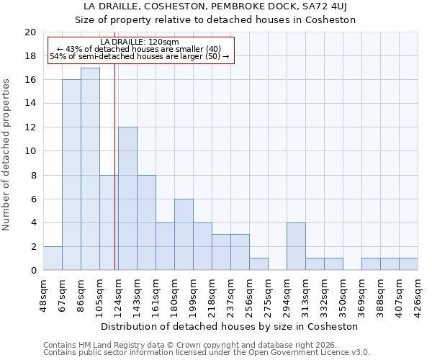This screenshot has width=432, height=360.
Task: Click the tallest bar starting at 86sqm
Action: click(90, 169)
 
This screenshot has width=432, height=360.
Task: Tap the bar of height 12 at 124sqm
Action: click(127, 199)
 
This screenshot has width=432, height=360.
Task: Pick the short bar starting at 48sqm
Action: click(53, 258)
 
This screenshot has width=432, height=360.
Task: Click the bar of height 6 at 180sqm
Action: click(184, 235)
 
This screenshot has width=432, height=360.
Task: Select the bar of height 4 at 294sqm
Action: click(296, 247)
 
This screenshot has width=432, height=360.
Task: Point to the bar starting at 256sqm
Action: click(258, 264)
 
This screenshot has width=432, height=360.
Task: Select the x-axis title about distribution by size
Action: click(230, 326)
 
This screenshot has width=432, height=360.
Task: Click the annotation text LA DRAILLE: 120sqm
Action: click(140, 42)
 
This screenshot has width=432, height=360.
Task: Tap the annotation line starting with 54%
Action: click(140, 56)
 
